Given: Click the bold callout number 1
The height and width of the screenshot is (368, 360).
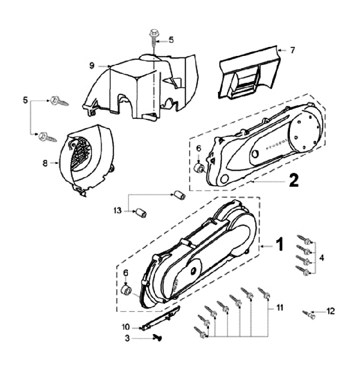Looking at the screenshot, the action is (x=280, y=244).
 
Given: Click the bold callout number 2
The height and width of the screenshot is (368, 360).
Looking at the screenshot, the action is (x=293, y=180).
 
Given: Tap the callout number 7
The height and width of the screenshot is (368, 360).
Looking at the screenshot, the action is (x=293, y=50).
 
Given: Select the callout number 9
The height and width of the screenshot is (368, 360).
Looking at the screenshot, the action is (x=92, y=65).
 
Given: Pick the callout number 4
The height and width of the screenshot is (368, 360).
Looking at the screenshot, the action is (x=322, y=258).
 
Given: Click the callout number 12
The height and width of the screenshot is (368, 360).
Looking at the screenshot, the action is (x=330, y=311).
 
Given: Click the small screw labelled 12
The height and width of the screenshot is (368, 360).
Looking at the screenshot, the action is (x=309, y=315).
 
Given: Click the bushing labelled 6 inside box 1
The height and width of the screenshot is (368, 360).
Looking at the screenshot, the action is (x=126, y=291).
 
